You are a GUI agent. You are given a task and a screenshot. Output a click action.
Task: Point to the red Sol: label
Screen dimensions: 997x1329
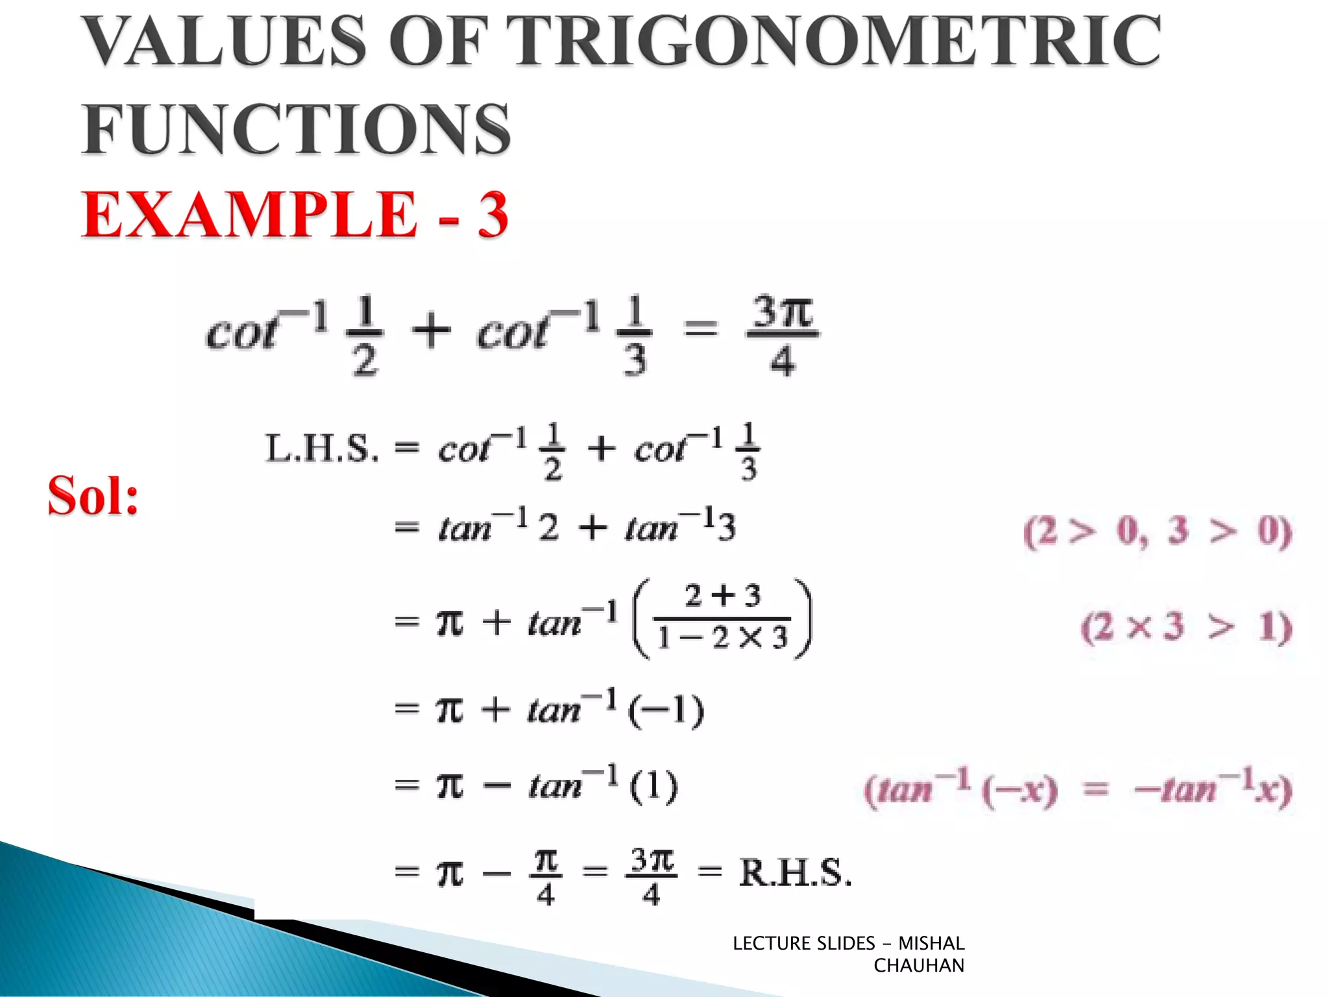(93, 496)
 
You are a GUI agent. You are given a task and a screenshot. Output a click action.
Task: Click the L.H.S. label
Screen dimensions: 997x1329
(322, 448)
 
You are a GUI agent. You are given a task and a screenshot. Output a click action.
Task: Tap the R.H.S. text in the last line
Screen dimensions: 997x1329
(795, 872)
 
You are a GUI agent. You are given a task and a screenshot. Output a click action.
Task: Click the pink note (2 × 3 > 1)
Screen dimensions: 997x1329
(1186, 627)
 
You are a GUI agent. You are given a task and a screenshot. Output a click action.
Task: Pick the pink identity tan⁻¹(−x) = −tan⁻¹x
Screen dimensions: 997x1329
(1078, 789)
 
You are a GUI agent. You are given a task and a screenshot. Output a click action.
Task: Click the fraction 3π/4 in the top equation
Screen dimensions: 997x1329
(783, 336)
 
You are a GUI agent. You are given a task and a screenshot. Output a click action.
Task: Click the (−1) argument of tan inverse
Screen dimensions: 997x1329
(666, 710)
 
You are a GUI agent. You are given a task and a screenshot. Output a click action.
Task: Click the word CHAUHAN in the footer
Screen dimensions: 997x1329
(918, 966)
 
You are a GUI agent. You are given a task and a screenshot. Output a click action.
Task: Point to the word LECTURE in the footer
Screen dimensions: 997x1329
(772, 943)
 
